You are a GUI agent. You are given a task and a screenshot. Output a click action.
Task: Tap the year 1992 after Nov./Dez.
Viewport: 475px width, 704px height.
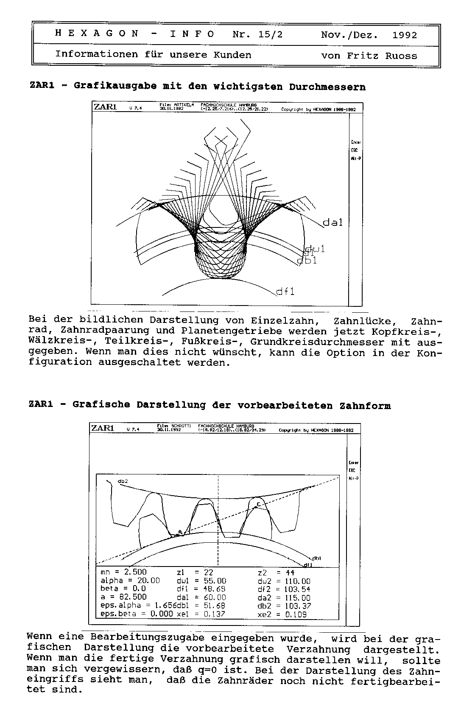click(x=405, y=35)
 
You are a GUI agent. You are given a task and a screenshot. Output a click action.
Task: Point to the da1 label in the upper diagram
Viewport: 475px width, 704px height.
click(x=332, y=222)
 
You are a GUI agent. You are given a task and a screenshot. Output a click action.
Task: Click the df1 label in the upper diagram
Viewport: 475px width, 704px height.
click(x=285, y=292)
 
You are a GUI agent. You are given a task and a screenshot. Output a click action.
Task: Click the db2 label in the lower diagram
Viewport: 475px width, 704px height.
click(x=123, y=481)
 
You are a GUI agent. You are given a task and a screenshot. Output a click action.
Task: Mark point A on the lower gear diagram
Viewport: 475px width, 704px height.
click(x=180, y=531)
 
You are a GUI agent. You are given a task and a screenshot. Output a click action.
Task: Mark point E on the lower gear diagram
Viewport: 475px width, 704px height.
click(x=258, y=503)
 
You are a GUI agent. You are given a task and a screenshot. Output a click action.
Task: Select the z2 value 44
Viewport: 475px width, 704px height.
click(x=290, y=572)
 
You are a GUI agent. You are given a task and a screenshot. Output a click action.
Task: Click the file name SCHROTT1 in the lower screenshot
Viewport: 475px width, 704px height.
click(x=181, y=425)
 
